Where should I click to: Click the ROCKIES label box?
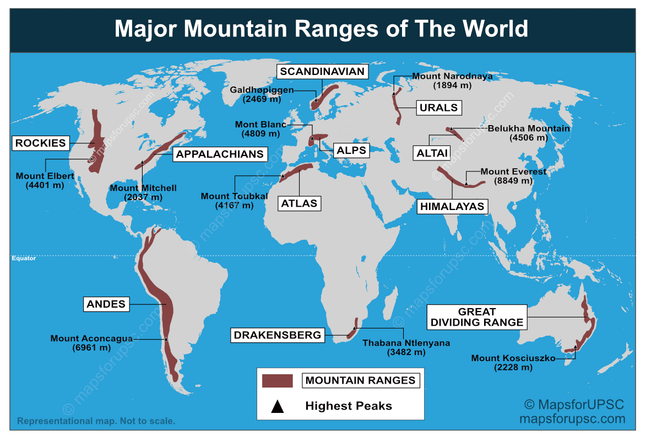click(x=40, y=143)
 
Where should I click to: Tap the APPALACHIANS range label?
click(x=220, y=154)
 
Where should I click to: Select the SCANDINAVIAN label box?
click(x=322, y=72)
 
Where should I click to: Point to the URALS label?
click(x=438, y=107)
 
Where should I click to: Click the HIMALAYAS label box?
click(x=452, y=207)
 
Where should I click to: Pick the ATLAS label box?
click(x=299, y=203)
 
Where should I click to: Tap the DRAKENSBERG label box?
click(x=277, y=335)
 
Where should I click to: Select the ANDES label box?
click(x=106, y=304)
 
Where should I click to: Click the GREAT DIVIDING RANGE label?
click(x=477, y=317)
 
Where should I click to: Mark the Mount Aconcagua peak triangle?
click(x=166, y=338)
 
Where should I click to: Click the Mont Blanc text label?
click(x=260, y=125)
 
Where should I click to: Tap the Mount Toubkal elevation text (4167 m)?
click(x=235, y=206)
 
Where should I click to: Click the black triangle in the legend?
click(x=278, y=407)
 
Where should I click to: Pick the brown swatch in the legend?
click(x=277, y=380)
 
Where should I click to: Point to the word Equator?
click(x=24, y=258)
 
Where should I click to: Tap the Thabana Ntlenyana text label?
click(x=406, y=343)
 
